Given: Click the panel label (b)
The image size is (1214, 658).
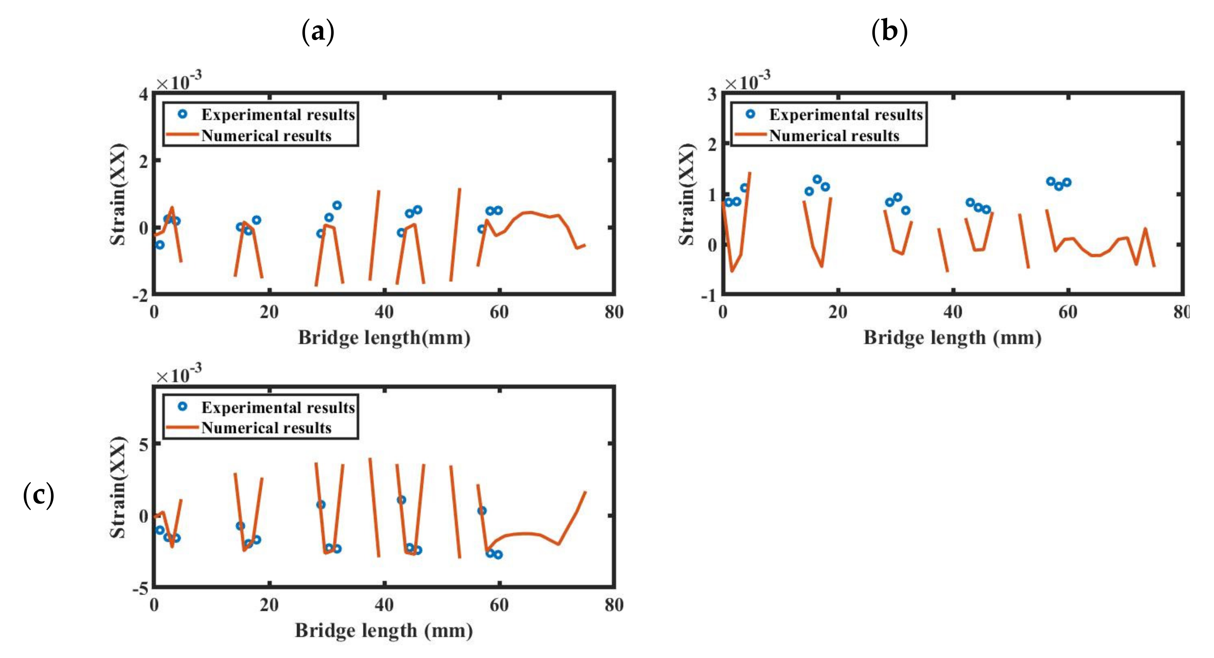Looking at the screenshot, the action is coord(889,32).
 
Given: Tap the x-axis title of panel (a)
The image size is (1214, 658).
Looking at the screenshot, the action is coord(384,338).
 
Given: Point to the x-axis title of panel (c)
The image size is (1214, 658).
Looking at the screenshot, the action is coord(384,631).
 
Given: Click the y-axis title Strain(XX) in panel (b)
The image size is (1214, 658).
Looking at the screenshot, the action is coord(686,194).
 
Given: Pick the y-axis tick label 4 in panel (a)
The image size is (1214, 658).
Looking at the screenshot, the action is coord(143,95).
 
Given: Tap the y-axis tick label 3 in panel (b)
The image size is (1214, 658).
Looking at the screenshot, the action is coord(712,95).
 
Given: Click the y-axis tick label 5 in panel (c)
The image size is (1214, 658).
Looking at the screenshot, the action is coord(143,444).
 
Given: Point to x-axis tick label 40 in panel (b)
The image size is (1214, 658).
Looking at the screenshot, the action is coord(953,312).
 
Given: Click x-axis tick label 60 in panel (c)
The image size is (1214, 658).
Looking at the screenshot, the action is coord(499,605).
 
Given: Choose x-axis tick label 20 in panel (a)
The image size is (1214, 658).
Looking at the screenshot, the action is coord(269,312).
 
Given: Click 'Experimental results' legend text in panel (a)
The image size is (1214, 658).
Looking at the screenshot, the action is coord(278,115).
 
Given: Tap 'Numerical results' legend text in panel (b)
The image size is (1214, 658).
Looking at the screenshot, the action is coord(834,136).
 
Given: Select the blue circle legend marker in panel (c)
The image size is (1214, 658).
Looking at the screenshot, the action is coord(183,406).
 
